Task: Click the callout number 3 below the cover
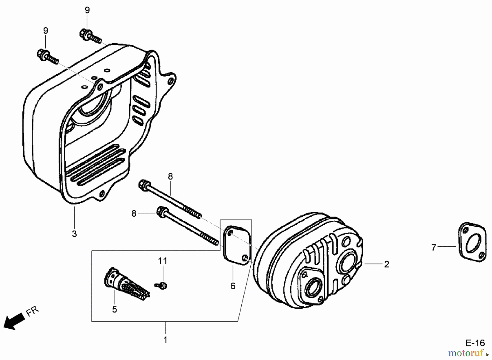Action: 74,234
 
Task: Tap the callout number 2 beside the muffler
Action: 386,264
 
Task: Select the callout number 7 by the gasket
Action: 434,247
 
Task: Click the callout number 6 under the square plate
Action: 233,286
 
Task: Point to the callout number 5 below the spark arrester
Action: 115,309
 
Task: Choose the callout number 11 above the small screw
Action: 162,261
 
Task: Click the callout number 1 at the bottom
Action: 165,340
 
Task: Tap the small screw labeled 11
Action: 162,285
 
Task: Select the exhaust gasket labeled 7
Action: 472,242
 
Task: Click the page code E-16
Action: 475,343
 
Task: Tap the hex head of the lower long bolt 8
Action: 161,212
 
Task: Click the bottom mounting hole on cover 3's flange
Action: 102,194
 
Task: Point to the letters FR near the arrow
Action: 33,311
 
